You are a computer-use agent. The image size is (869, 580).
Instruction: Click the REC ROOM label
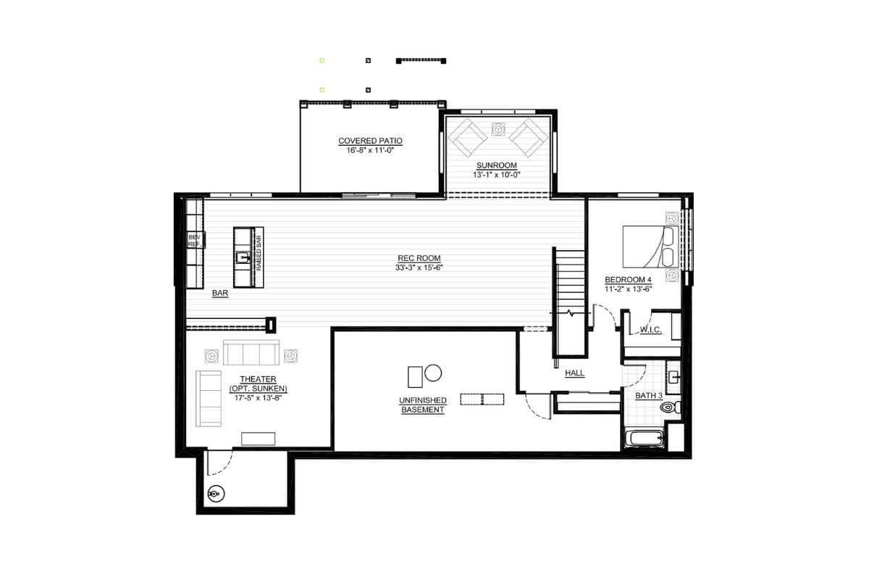point(419,258)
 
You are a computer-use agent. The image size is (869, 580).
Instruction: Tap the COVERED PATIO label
point(370,141)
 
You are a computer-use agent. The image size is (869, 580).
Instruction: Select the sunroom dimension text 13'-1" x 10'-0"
point(496,175)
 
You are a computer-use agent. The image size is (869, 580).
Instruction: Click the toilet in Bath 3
point(670,407)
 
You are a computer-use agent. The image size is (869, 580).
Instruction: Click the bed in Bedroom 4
point(650,246)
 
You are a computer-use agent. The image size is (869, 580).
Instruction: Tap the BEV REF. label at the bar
point(194,241)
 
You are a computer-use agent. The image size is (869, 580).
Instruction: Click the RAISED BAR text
point(259,253)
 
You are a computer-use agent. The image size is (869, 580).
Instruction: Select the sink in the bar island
point(243,257)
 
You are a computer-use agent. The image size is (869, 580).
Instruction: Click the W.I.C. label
point(650,329)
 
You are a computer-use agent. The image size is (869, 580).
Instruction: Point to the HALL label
point(574,373)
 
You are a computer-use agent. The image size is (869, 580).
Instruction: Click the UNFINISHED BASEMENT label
point(422,405)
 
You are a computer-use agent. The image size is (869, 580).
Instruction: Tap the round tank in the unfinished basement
point(433,373)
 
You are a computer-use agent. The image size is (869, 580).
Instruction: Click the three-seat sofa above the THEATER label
point(251,352)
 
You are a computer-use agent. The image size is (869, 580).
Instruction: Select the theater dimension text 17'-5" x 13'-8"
point(258,398)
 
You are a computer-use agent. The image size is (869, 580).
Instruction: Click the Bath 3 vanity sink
point(673,377)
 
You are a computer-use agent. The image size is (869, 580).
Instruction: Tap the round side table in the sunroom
point(498,129)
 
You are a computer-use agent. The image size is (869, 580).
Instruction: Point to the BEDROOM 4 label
point(628,279)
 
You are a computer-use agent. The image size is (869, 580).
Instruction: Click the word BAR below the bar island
point(220,293)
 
